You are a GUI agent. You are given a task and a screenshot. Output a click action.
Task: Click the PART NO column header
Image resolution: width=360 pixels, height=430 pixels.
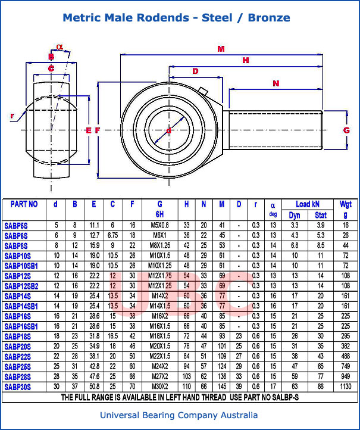(24, 204)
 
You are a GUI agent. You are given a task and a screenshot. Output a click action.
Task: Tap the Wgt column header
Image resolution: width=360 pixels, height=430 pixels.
(346, 204)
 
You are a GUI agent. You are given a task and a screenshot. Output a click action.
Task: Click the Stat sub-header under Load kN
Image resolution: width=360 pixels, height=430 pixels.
(320, 214)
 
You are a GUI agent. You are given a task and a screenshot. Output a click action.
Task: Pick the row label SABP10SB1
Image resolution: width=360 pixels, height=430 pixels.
(21, 266)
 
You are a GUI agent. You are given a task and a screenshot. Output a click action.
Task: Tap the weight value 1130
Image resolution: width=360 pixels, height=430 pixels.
(346, 387)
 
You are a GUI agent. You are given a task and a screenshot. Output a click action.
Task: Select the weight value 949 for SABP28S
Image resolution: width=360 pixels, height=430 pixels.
(346, 377)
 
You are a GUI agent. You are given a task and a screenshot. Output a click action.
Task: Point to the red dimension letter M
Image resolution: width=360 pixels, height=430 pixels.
(221, 48)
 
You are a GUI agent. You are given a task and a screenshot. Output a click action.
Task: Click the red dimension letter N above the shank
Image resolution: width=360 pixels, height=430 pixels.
(276, 83)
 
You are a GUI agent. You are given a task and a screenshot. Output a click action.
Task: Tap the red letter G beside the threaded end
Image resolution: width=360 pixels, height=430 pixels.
(346, 130)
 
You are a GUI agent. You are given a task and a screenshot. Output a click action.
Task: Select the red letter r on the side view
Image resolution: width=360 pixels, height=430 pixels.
(12, 117)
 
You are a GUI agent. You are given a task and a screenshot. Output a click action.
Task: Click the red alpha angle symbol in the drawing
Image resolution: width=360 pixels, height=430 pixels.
(59, 46)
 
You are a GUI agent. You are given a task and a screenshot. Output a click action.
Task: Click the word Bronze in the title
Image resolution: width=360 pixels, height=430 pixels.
(268, 18)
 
